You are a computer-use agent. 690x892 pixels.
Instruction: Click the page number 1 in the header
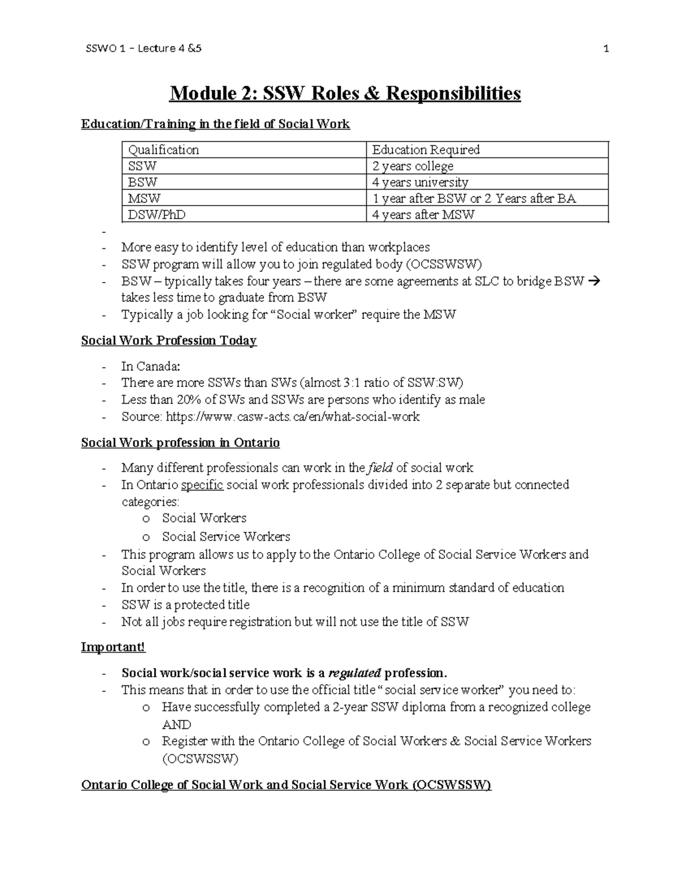tap(606, 49)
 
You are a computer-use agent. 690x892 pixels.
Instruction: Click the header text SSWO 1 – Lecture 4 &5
tap(143, 49)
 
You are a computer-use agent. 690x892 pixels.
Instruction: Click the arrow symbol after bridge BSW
tap(595, 281)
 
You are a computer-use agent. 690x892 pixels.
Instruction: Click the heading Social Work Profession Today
tap(168, 341)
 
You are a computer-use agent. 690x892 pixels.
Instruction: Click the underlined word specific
tap(202, 485)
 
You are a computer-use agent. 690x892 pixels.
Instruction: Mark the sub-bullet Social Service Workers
tap(225, 536)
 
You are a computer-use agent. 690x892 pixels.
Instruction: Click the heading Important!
tap(113, 647)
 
